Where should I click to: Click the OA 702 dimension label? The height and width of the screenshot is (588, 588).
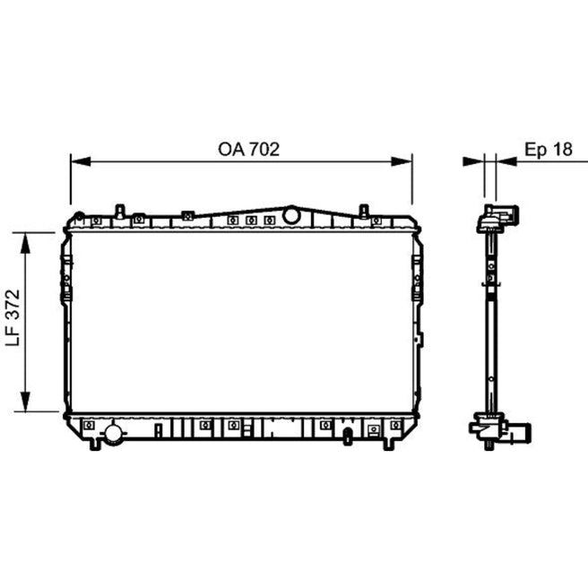pyautogui.click(x=248, y=150)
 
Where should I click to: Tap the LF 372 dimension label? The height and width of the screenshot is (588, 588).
pyautogui.click(x=13, y=317)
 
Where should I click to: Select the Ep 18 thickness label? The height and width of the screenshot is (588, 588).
pyautogui.click(x=549, y=150)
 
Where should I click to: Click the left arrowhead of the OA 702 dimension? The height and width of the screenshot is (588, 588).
pyautogui.click(x=81, y=161)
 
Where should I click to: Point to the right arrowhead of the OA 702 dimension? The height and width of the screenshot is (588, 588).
pyautogui.click(x=402, y=161)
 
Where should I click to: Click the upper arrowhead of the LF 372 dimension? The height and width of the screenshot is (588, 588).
pyautogui.click(x=25, y=243)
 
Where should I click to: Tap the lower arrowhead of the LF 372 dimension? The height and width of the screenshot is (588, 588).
pyautogui.click(x=25, y=402)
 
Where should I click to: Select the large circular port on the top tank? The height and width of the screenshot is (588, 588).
pyautogui.click(x=291, y=216)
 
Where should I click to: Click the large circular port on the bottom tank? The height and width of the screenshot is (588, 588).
pyautogui.click(x=113, y=434)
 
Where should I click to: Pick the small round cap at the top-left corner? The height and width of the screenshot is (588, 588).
pyautogui.click(x=80, y=216)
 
